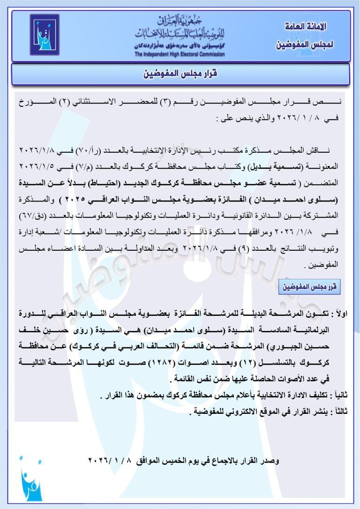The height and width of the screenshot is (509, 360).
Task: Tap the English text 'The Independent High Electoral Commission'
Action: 180,54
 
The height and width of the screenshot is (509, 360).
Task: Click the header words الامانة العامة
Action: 306,26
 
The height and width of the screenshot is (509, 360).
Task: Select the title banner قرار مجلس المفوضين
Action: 180,74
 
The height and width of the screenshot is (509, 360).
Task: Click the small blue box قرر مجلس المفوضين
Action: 309,285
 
